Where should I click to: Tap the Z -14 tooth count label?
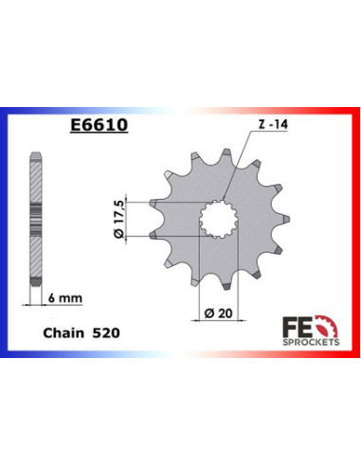coord(269,124)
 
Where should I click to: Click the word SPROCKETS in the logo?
coord(306,343)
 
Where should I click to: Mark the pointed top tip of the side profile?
coord(35,151)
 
